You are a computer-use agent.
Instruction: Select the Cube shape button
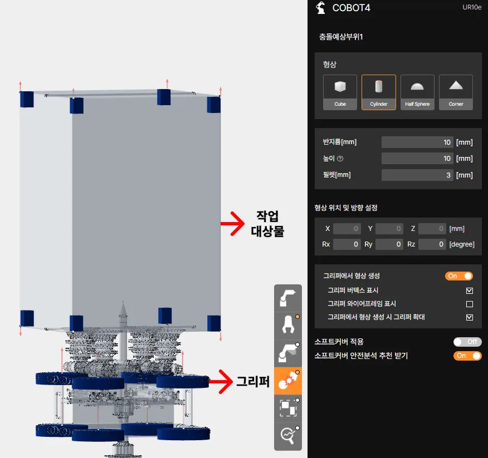coord(340,92)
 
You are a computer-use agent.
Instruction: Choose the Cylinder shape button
coord(378,92)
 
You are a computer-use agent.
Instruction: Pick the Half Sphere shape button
coord(417,92)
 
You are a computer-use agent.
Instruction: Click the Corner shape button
coord(456,92)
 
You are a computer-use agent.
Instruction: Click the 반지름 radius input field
coord(417,142)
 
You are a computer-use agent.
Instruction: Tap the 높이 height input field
coord(417,159)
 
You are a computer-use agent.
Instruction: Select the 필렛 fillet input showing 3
coord(417,175)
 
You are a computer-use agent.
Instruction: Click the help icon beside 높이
coord(340,159)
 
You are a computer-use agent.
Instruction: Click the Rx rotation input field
coord(347,244)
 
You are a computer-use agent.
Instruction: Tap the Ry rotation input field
coord(389,244)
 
